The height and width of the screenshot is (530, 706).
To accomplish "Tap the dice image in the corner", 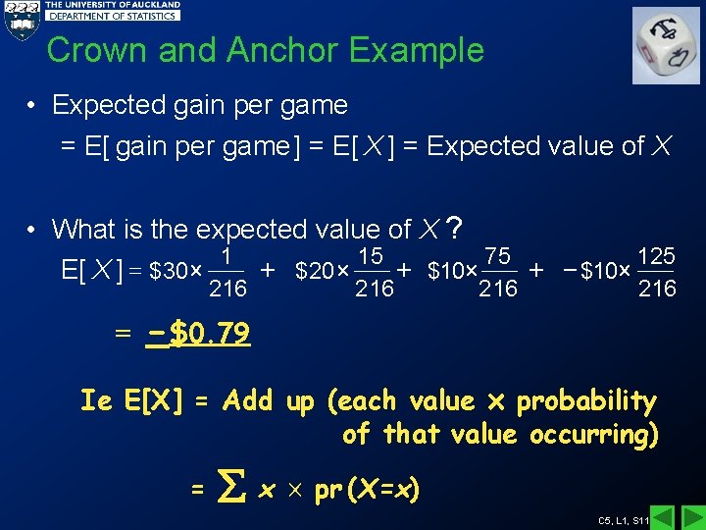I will click(666, 45).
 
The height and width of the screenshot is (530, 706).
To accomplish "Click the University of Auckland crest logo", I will click(21, 19).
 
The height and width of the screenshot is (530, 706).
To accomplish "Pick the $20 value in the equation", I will click(314, 271).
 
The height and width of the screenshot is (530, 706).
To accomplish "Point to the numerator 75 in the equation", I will click(497, 256).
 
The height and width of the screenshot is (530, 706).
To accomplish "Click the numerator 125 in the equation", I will click(656, 256).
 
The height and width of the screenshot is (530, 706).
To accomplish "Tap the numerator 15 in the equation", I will click(371, 256).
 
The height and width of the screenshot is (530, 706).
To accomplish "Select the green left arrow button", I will click(664, 517).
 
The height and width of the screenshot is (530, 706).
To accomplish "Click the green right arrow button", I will click(692, 517).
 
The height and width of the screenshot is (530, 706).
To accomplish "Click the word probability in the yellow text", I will click(585, 400).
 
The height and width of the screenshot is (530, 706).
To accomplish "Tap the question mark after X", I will click(454, 228).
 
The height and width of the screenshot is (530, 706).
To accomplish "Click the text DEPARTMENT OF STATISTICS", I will click(114, 17).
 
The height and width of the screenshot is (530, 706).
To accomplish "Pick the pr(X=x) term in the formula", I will click(367, 488).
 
